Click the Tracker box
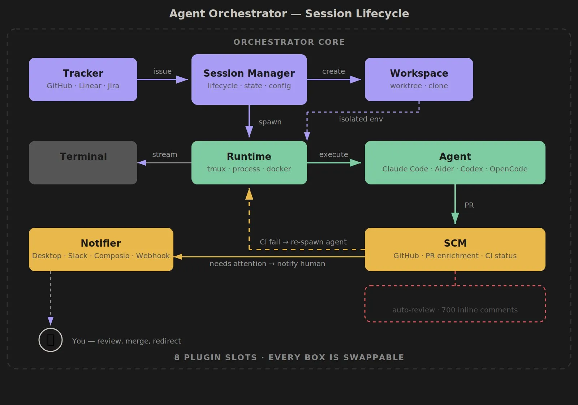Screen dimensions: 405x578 click(83, 79)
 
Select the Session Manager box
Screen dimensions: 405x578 click(249, 79)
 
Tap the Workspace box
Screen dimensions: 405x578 click(419, 79)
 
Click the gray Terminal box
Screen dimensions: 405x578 click(83, 162)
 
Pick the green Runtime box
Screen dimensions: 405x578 click(249, 162)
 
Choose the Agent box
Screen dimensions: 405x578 click(455, 162)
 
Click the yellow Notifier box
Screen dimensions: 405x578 click(101, 249)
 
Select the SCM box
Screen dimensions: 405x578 click(455, 249)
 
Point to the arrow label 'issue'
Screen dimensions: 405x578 click(162, 71)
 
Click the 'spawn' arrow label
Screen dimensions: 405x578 click(270, 122)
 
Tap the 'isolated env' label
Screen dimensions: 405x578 click(361, 119)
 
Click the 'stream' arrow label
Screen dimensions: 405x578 click(164, 154)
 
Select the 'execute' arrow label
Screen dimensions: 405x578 click(333, 154)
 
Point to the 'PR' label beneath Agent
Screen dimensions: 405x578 click(469, 205)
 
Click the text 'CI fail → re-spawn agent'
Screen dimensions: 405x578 click(303, 242)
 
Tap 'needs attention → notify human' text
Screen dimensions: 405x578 click(267, 264)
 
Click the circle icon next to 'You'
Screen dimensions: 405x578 click(51, 340)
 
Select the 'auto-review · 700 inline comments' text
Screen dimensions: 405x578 click(455, 310)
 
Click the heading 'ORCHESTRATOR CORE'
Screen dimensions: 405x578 click(289, 42)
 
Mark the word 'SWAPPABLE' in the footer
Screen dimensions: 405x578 click(373, 357)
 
